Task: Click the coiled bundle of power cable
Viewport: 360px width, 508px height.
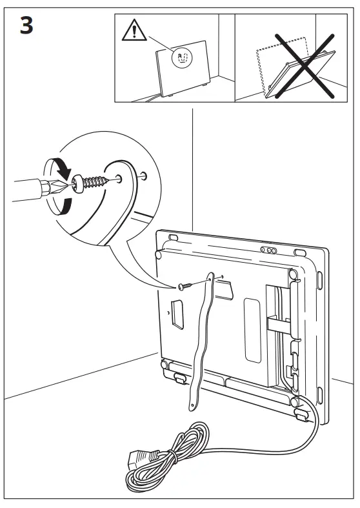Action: click(x=177, y=452)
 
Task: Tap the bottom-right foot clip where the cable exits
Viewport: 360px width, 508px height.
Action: click(x=301, y=411)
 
